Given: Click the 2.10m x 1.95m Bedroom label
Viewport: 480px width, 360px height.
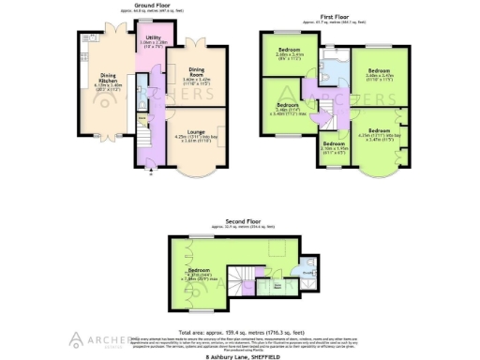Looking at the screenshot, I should pyautogui.click(x=336, y=147).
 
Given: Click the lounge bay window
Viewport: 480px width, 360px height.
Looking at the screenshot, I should pyautogui.click(x=195, y=171).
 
